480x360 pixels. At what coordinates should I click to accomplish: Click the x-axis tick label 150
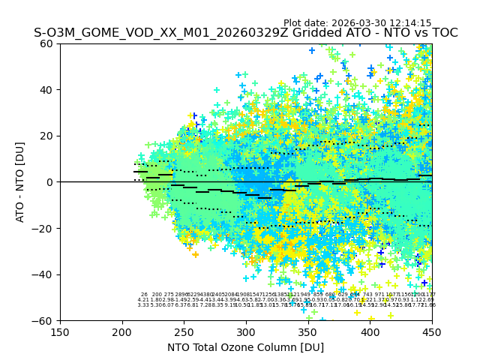pos(60,331)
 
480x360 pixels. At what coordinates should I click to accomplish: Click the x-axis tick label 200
pos(122,331)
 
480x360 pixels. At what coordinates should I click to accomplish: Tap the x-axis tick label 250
pos(184,331)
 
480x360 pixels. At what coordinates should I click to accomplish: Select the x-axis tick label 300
pos(246,331)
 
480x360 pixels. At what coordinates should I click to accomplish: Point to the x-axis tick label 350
pos(308,331)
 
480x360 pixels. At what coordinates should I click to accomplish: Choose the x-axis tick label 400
pos(370,331)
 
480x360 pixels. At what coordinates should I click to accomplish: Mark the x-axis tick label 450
pos(432,331)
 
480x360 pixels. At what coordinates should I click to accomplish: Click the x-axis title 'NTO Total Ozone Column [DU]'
pos(246,347)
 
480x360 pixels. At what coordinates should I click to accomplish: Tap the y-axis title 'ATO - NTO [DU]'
pos(21,182)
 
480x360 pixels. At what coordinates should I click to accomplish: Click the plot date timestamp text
pos(357,23)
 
